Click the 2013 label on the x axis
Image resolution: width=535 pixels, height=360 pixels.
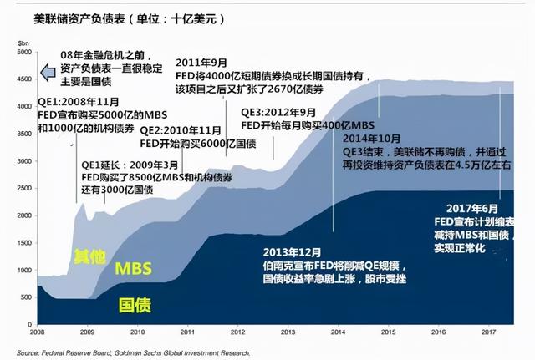point(287,332)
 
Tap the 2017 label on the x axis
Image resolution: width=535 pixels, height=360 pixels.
point(489,332)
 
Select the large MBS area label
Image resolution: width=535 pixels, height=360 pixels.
point(132,267)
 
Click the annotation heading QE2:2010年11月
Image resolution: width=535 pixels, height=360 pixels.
point(180,130)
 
